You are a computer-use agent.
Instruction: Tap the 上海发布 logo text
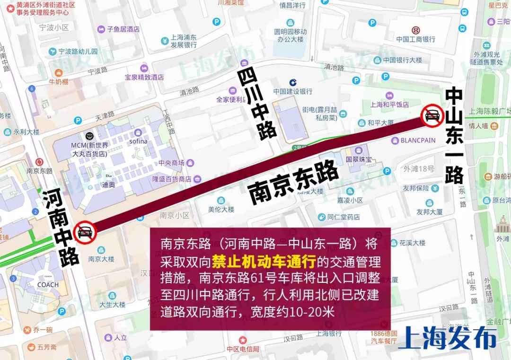pos(448,338)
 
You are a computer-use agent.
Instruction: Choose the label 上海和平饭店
pos(389,105)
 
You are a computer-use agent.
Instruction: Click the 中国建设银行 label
pos(292,91)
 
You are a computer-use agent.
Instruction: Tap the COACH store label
pos(48,285)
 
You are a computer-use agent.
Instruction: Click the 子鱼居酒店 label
pos(123,29)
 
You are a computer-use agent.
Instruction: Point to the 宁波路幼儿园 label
pos(78,51)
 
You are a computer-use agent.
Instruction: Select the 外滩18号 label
pos(418,169)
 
